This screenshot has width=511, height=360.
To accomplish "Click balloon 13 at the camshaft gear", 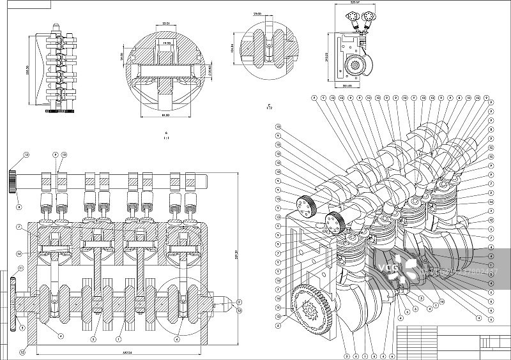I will tap(26, 155).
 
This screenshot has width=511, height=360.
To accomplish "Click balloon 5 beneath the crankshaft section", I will tap(93, 338).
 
